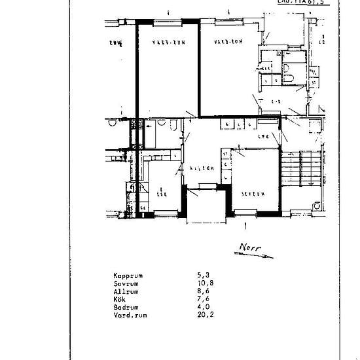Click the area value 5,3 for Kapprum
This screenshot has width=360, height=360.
(x=202, y=276)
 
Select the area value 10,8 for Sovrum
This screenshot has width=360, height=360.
(x=204, y=283)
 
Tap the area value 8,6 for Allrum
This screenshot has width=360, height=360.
(x=202, y=290)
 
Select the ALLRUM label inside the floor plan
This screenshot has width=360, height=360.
(x=202, y=168)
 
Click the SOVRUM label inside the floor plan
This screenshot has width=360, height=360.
(x=251, y=194)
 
